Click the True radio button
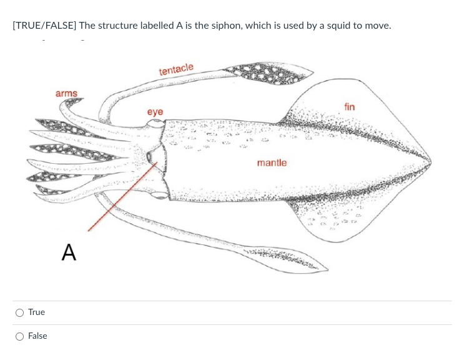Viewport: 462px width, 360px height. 20,312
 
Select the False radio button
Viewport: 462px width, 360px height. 20,336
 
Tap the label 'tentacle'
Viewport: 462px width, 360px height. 176,69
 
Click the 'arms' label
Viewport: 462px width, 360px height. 66,94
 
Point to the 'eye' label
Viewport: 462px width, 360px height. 155,112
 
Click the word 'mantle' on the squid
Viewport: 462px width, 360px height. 272,163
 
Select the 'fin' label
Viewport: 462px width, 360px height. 349,107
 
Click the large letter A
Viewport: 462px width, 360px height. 69,252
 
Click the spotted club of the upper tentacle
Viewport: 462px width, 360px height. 268,72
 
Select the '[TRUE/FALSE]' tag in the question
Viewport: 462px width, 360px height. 44,26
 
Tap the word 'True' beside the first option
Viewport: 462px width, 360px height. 36,312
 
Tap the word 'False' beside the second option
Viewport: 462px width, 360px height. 37,336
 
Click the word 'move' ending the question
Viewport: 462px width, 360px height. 376,26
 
